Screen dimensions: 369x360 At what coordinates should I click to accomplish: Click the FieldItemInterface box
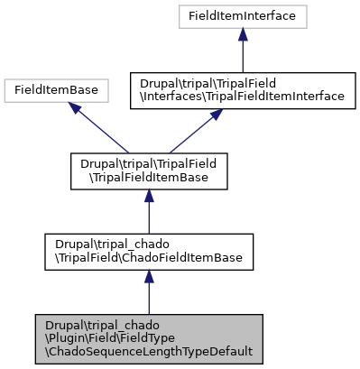243,15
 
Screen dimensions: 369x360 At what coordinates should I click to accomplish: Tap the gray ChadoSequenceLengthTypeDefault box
149,339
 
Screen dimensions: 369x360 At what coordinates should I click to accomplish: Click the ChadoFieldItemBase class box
149,253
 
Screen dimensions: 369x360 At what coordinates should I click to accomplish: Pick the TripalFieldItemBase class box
149,170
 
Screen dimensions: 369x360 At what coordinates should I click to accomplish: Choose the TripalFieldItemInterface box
243,89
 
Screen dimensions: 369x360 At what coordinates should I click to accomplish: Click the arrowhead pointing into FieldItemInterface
243,34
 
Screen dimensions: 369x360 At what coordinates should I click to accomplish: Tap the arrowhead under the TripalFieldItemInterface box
217,115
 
